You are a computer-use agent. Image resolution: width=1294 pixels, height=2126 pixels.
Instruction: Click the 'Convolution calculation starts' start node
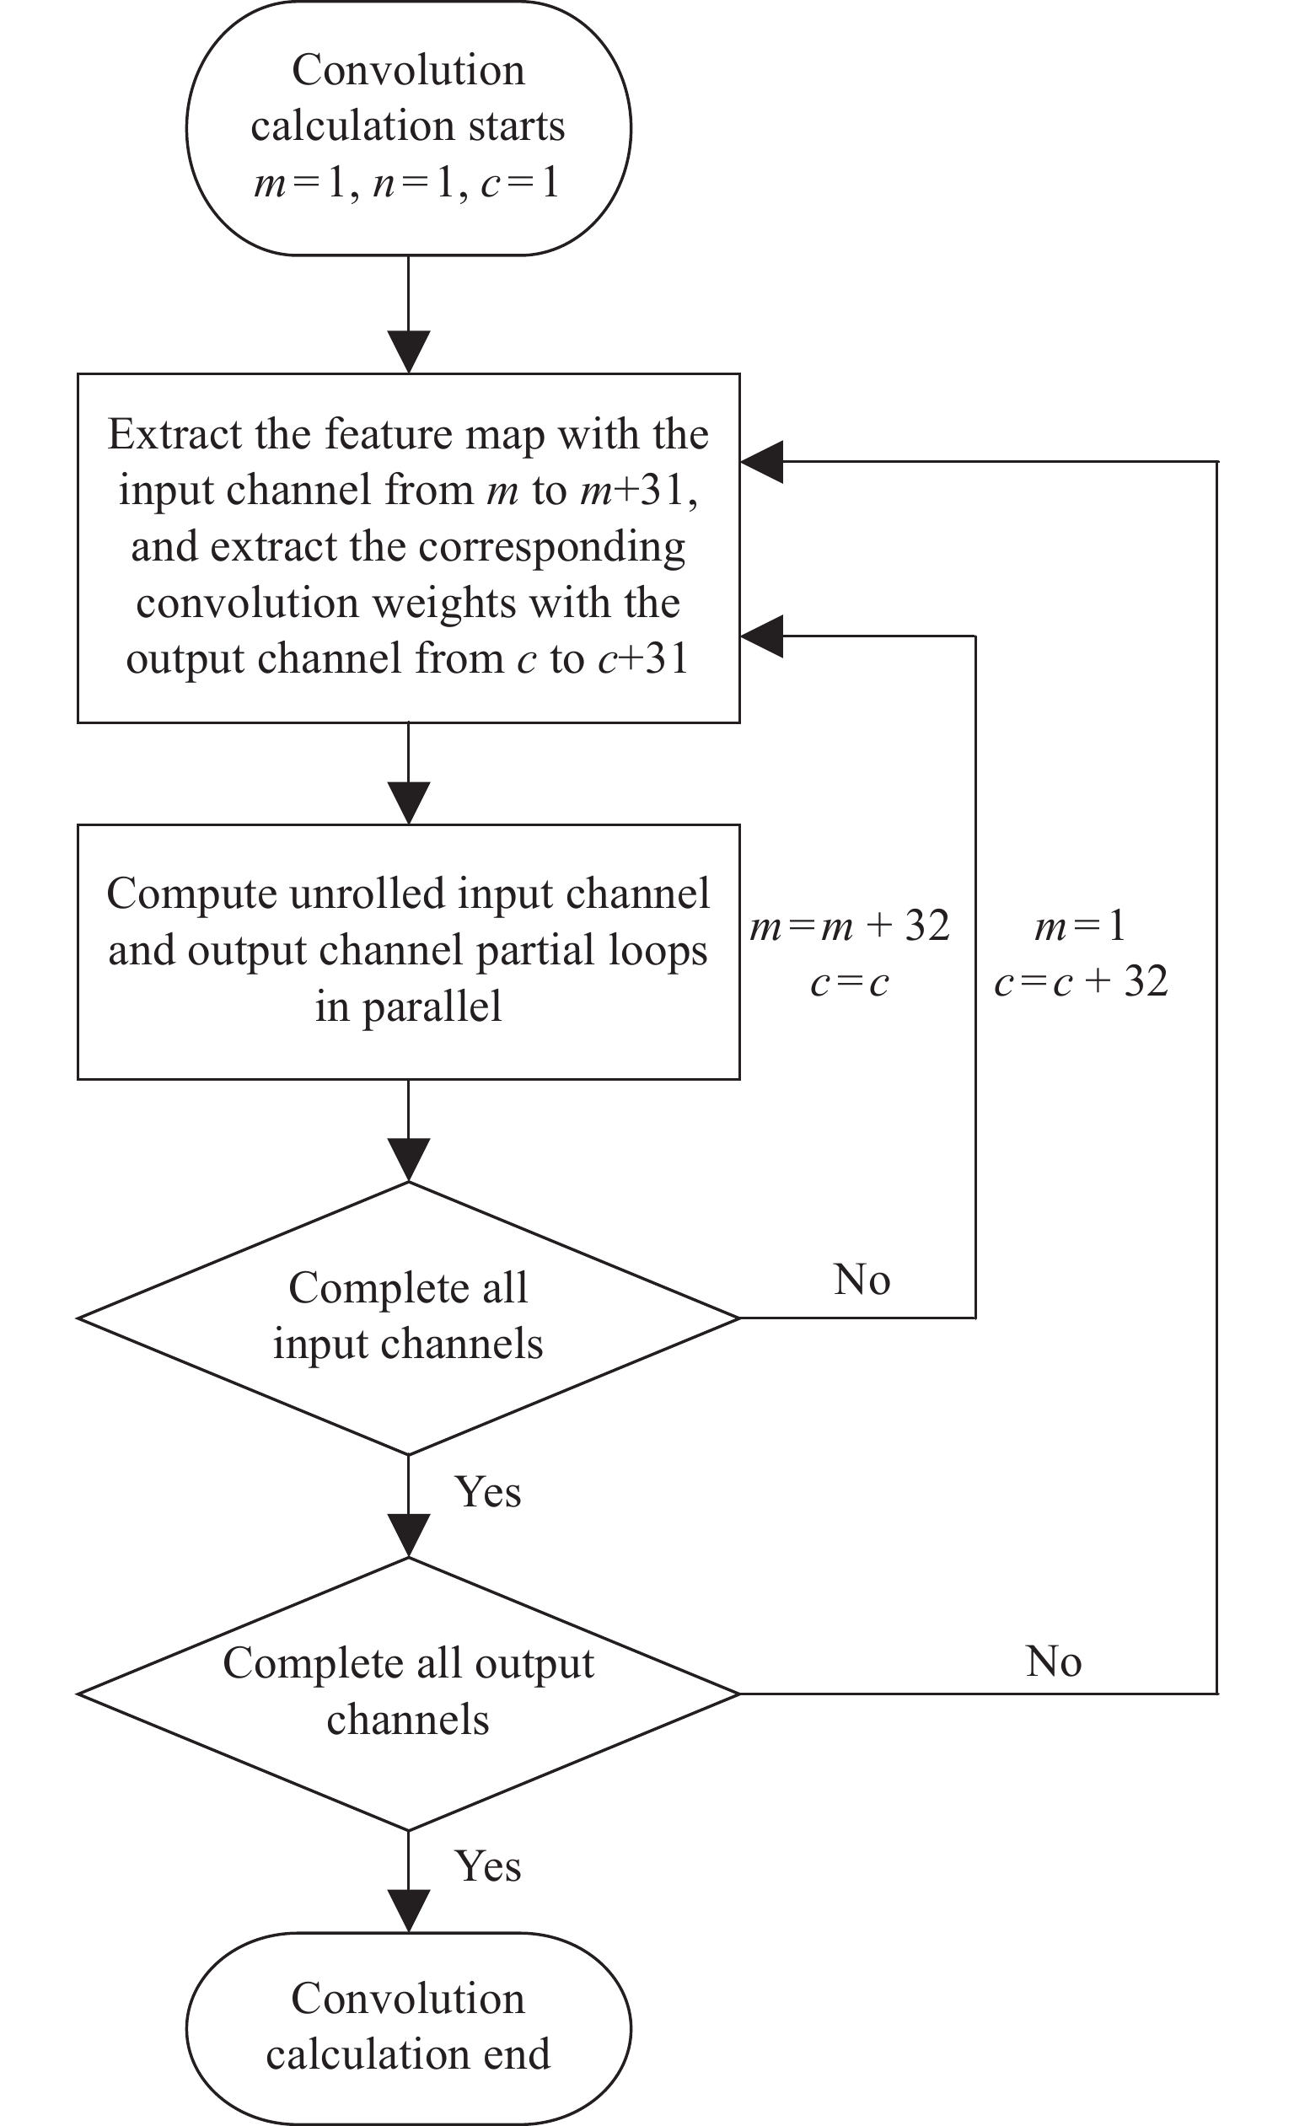[x=408, y=127]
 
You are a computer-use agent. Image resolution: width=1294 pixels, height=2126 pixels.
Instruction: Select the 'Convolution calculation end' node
[x=408, y=2027]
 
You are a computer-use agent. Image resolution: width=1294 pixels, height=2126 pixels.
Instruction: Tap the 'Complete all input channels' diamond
[x=408, y=1318]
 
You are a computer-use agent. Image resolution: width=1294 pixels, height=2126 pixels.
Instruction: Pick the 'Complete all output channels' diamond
[x=408, y=1693]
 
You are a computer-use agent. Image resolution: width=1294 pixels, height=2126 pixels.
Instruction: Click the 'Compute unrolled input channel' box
[x=408, y=951]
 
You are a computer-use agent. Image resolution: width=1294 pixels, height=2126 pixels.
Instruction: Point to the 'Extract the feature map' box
[x=408, y=547]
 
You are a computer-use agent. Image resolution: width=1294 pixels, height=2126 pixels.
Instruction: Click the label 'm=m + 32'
[x=850, y=926]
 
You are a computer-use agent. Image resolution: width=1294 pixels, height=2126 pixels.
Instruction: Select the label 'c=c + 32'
[x=1081, y=981]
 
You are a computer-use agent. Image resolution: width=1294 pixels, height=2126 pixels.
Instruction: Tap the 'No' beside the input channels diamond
[x=862, y=1279]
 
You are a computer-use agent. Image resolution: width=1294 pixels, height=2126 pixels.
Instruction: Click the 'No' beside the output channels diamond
[x=1053, y=1661]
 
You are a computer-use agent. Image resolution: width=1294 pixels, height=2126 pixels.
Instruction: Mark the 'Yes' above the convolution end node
[x=487, y=1866]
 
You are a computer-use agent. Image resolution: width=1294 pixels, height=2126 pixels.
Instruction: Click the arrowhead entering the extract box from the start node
[x=408, y=353]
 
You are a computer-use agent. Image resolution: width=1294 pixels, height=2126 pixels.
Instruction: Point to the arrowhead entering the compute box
[x=408, y=803]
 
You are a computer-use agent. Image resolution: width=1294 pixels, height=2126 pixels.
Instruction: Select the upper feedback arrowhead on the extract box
[x=762, y=462]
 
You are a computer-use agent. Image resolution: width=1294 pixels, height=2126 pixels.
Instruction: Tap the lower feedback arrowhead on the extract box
[x=762, y=636]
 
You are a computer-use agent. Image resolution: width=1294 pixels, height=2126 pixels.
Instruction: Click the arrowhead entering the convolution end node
[x=408, y=1912]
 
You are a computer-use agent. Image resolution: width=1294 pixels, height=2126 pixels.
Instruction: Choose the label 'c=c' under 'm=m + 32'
[x=850, y=983]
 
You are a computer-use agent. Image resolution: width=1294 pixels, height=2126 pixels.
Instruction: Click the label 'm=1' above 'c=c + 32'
[x=1080, y=926]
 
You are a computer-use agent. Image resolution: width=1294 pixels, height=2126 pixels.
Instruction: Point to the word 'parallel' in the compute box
[x=432, y=1007]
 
